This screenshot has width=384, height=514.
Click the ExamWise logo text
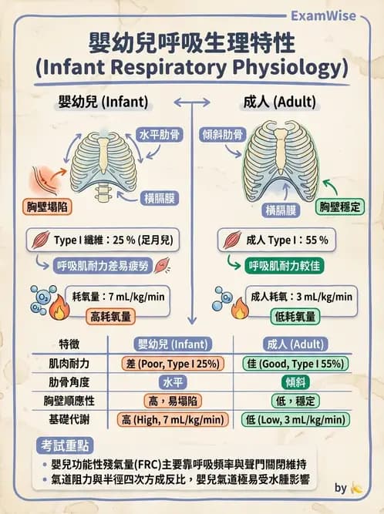(323, 15)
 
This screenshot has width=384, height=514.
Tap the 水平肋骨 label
(160, 135)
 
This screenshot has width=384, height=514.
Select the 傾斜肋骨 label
(222, 135)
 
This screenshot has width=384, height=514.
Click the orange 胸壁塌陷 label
(47, 207)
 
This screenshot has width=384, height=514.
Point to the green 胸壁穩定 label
(340, 207)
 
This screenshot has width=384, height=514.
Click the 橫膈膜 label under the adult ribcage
(281, 210)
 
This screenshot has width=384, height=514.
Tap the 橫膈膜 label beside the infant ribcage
(160, 198)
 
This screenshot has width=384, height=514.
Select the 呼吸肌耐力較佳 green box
(285, 266)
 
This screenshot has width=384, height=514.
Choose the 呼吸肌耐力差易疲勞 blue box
(103, 266)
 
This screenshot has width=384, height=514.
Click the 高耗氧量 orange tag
(110, 317)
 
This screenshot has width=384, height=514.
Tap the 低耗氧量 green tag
(295, 317)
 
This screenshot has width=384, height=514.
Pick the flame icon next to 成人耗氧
(240, 307)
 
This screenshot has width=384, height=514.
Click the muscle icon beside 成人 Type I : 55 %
(232, 240)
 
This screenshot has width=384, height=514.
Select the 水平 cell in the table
(173, 382)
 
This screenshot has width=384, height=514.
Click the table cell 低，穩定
(295, 401)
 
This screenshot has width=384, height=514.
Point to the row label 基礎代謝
(69, 419)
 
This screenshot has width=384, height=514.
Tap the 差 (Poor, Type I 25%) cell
(173, 364)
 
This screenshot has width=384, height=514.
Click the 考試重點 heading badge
(65, 445)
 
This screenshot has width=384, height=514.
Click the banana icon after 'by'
(356, 488)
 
